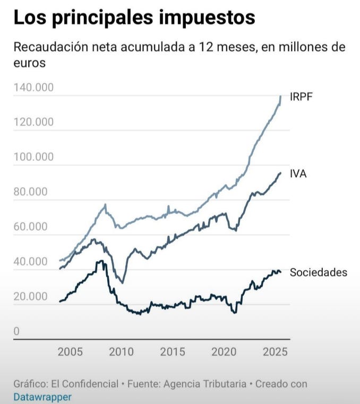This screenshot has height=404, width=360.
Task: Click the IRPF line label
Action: click(302, 97)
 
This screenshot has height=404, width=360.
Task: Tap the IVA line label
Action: click(298, 174)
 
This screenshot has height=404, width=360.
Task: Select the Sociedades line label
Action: click(318, 272)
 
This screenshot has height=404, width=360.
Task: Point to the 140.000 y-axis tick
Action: click(33, 87)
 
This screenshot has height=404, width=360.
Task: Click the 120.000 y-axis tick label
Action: click(33, 122)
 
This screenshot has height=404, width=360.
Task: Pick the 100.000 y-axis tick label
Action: click(33, 157)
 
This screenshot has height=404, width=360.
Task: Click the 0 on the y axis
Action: click(16, 332)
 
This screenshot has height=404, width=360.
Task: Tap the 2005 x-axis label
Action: click(70, 352)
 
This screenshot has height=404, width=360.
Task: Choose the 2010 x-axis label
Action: click(121, 352)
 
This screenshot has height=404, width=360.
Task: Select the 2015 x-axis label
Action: click(173, 352)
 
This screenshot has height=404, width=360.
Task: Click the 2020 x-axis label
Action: click(224, 352)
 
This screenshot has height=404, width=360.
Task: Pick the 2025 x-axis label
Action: click(275, 352)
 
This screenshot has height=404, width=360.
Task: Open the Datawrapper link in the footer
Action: click(42, 397)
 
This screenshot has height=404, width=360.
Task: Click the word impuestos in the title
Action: click(208, 18)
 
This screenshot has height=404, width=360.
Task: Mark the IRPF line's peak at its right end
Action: click(281, 96)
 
